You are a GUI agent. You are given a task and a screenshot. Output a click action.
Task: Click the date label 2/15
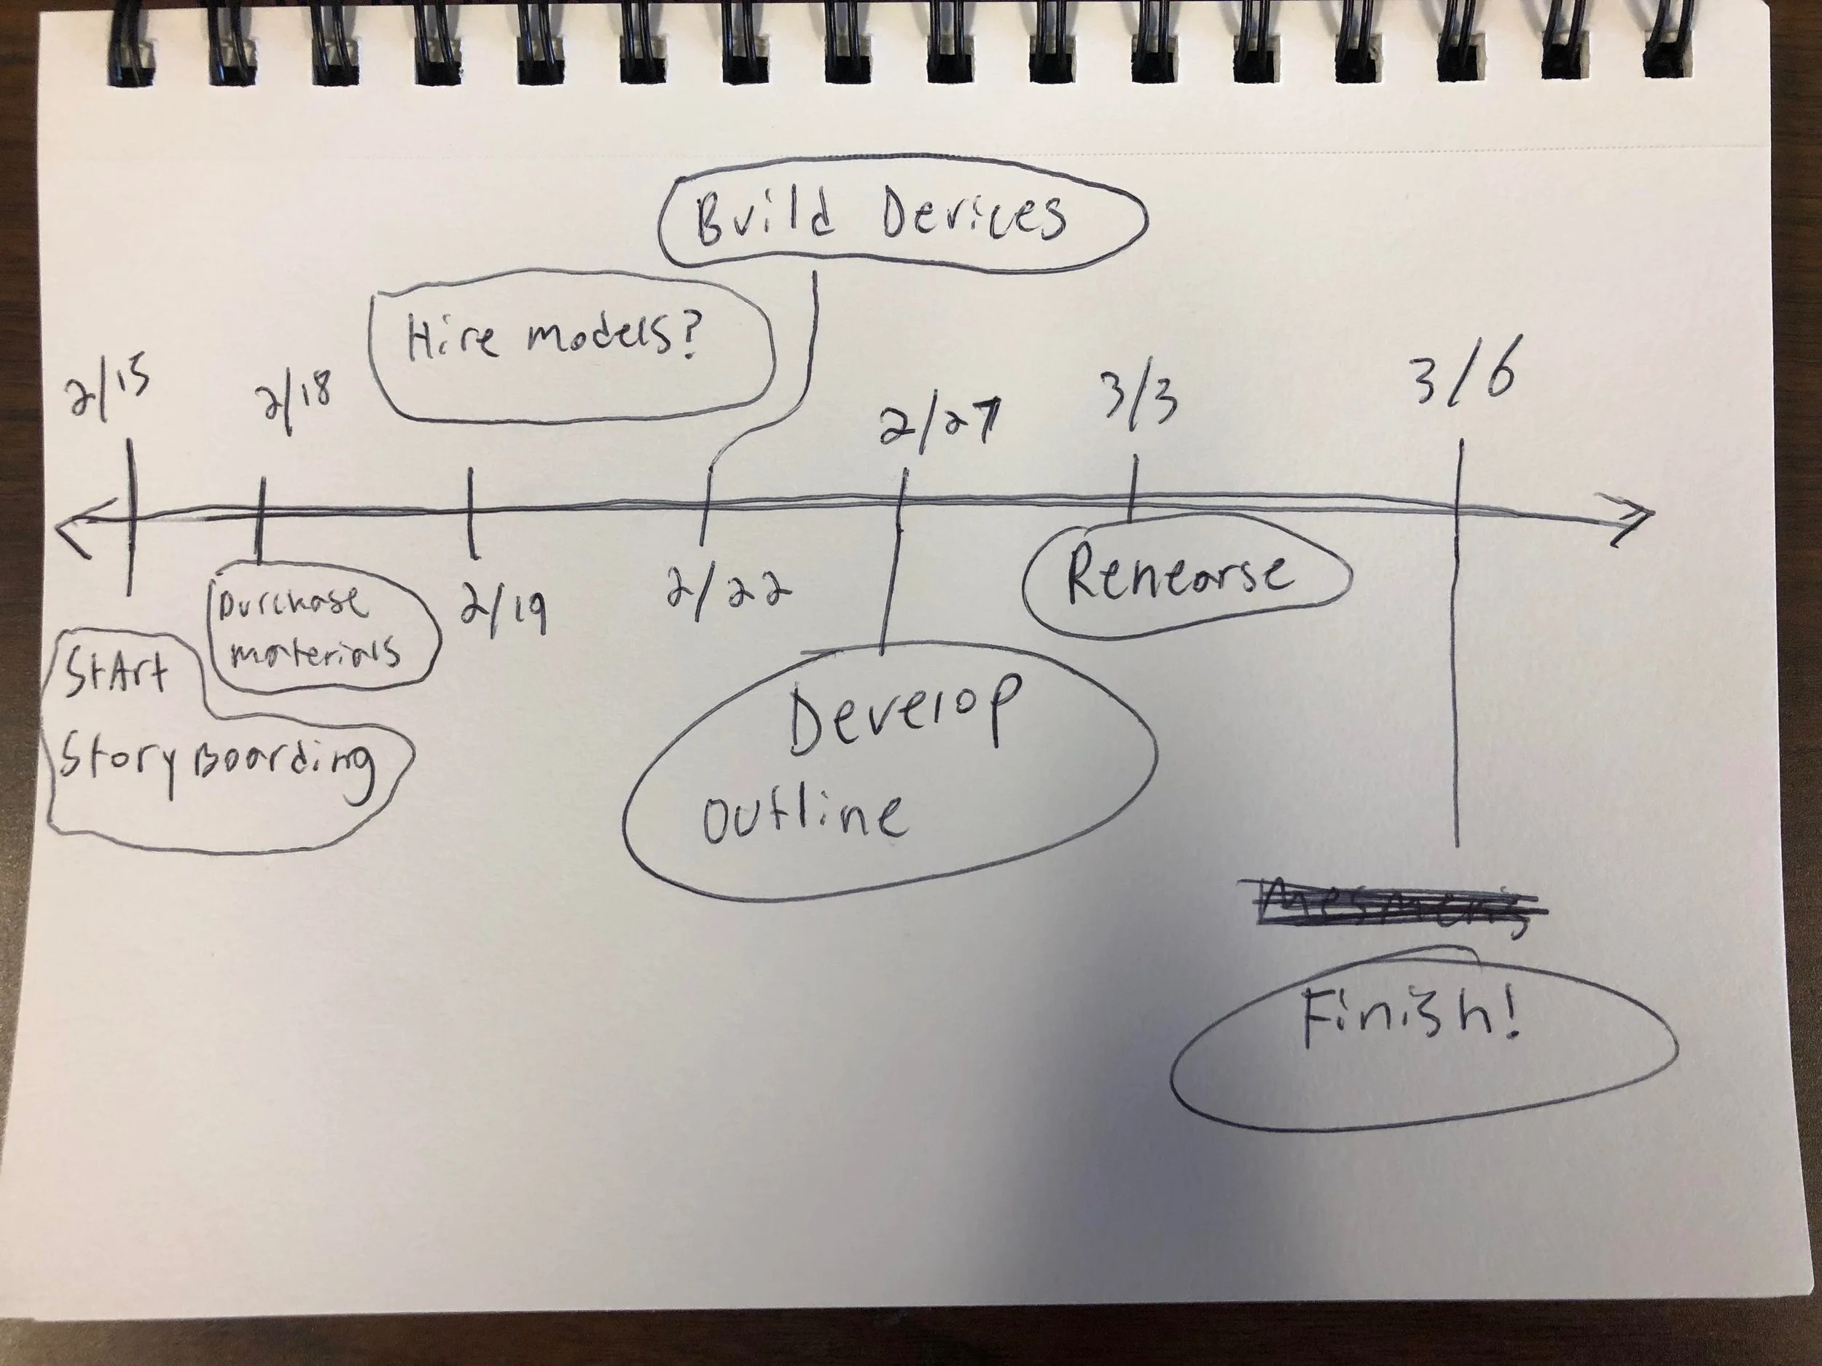click(109, 395)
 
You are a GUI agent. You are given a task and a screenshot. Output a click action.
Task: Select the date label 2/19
click(502, 608)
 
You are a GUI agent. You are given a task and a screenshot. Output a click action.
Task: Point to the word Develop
click(902, 715)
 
